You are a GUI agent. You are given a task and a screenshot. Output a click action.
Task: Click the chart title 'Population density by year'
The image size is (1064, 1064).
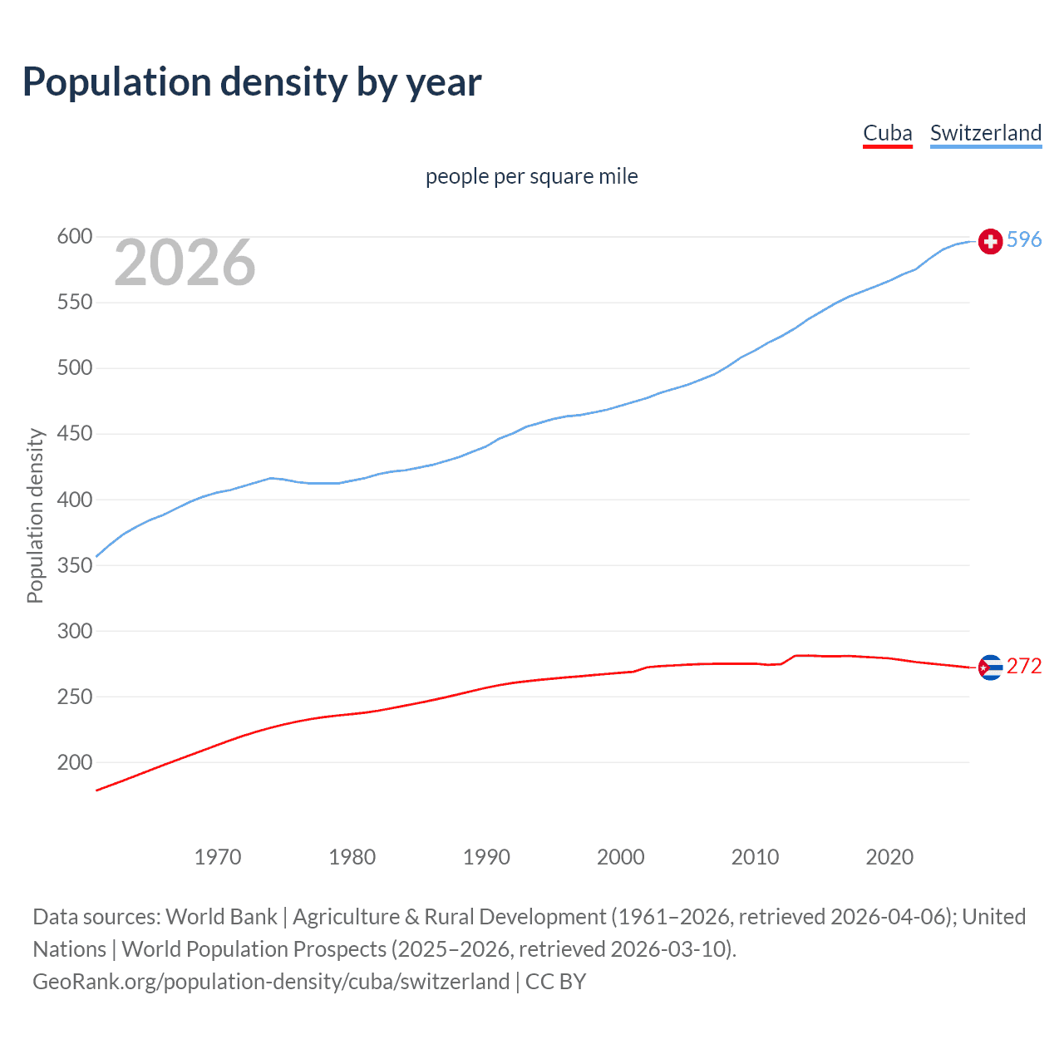[252, 82]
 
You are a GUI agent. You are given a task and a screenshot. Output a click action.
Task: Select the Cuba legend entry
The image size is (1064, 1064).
[887, 133]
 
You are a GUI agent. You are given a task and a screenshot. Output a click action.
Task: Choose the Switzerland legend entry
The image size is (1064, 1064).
[985, 133]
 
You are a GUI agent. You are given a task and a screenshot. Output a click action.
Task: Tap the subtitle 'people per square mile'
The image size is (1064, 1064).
[531, 176]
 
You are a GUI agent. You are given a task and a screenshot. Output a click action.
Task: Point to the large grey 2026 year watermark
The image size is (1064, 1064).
[185, 263]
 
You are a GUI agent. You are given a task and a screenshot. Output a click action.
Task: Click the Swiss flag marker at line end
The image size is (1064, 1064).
[990, 241]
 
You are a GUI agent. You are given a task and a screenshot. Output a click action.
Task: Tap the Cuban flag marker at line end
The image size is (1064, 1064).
[990, 667]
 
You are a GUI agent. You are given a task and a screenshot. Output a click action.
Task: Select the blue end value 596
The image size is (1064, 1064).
[1024, 240]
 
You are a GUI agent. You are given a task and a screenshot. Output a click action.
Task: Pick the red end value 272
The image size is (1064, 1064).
[1024, 667]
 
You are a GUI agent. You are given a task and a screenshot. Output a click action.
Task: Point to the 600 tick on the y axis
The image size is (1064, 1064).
[74, 237]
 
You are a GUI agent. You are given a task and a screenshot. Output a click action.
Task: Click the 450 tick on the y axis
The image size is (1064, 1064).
[74, 434]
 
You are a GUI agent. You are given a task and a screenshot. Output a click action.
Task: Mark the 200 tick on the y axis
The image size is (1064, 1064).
[74, 762]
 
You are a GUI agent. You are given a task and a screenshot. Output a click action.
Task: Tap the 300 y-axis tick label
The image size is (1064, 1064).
[74, 631]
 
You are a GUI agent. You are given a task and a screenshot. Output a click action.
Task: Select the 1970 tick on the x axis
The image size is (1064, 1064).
[218, 857]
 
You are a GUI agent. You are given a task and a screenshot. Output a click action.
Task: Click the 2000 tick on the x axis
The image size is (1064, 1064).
[621, 857]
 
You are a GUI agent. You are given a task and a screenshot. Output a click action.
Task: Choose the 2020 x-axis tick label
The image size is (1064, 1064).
[889, 857]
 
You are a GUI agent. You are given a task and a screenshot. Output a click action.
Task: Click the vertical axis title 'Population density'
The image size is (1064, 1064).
[35, 515]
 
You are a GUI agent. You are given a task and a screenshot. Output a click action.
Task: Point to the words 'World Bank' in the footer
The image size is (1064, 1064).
[221, 917]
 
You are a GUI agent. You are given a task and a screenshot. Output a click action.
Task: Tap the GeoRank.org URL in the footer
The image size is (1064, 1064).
[271, 982]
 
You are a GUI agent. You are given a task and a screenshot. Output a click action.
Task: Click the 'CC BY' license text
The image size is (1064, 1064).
[555, 982]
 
